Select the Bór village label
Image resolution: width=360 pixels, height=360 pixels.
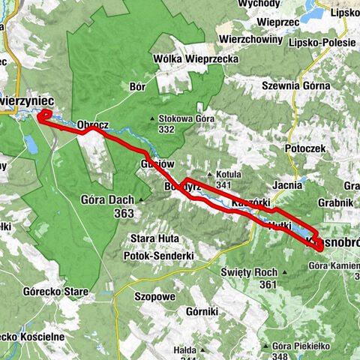coord(137,87)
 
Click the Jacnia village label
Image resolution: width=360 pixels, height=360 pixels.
coord(288,184)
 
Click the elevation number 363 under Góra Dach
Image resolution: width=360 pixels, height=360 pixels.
coord(124,213)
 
